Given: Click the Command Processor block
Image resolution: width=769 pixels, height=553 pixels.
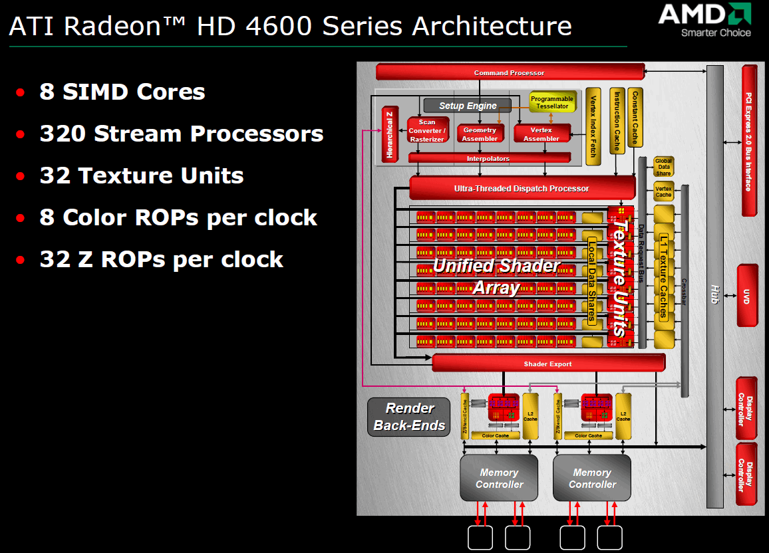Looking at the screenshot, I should pyautogui.click(x=510, y=72).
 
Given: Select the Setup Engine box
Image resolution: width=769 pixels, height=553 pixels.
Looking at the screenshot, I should pyautogui.click(x=467, y=105).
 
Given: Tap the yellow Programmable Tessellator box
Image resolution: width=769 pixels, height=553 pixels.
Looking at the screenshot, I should pyautogui.click(x=552, y=102).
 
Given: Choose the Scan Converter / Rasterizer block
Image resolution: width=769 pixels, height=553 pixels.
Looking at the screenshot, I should pyautogui.click(x=426, y=131).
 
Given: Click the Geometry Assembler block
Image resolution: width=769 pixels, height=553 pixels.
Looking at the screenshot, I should pyautogui.click(x=480, y=134).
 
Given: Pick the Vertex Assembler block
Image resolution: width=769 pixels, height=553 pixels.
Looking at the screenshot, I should pyautogui.click(x=541, y=134).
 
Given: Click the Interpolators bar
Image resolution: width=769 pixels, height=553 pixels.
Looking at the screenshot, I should pyautogui.click(x=488, y=158).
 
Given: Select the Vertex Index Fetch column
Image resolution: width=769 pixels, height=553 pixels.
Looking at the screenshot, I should pyautogui.click(x=593, y=126).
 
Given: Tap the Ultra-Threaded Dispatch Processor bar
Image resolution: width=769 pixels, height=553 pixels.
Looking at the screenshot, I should pyautogui.click(x=521, y=189).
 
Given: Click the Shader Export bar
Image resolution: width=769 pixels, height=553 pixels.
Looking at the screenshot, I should pyautogui.click(x=547, y=364).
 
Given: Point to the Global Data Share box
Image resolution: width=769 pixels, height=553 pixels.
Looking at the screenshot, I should pyautogui.click(x=663, y=167).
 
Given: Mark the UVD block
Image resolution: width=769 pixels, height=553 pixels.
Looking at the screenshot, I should pyautogui.click(x=747, y=295).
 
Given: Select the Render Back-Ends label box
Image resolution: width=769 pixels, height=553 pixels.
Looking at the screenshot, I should pyautogui.click(x=408, y=417).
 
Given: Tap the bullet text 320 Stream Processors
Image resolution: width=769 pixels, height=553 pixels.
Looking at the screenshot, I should pyautogui.click(x=181, y=134).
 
